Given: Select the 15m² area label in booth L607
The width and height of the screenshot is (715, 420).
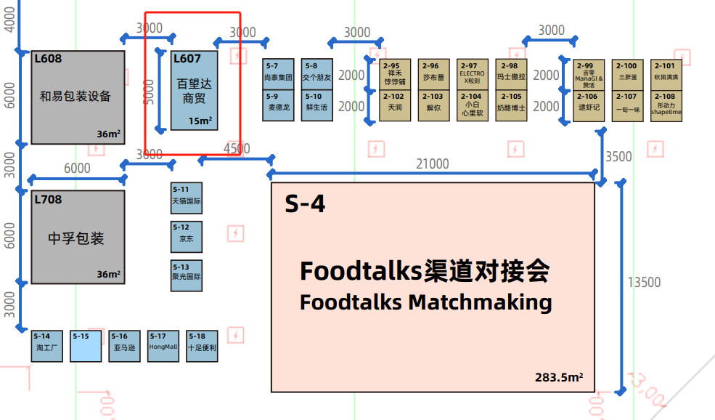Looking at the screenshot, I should click(200, 121).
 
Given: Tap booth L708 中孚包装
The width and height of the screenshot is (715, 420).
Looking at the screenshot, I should click(75, 237).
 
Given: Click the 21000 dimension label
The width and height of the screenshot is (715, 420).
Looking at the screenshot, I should click(433, 163).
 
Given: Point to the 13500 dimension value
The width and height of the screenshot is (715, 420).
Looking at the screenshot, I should click(644, 282).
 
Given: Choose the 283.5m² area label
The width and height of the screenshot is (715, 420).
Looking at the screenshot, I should click(560, 378).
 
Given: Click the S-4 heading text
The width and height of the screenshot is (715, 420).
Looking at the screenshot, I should click(305, 204).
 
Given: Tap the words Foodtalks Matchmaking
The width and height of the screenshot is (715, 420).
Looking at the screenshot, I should click(425, 302).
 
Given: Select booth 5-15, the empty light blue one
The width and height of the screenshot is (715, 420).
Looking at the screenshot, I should click(86, 346).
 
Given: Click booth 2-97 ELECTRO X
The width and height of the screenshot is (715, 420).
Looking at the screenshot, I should click(472, 75).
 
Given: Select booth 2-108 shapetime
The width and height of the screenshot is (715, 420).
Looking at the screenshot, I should click(666, 106).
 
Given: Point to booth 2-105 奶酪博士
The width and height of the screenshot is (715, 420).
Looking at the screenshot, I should click(511, 106).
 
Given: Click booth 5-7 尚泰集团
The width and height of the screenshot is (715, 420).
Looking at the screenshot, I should click(279, 74).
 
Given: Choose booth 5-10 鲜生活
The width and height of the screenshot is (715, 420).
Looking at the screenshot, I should click(317, 105).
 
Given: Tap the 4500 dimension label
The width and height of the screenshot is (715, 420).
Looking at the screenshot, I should click(237, 149).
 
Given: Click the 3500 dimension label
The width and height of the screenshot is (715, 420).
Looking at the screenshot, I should click(618, 156).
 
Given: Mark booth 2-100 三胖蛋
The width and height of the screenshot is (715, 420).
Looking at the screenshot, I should click(627, 75).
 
